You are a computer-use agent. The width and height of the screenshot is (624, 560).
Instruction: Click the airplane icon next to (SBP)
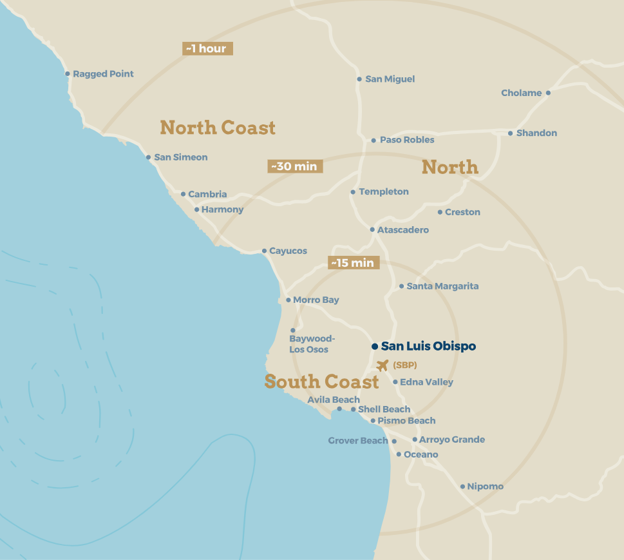[x=383, y=365]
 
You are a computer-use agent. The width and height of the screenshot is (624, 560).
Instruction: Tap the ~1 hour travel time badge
[x=207, y=48]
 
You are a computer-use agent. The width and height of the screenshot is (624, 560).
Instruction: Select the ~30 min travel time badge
[x=295, y=166]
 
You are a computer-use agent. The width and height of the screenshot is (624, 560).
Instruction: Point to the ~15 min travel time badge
[x=354, y=263]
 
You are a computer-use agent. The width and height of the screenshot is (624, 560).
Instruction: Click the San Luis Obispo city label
[x=428, y=346]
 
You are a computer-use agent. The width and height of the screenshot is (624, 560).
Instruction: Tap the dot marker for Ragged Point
[x=68, y=73]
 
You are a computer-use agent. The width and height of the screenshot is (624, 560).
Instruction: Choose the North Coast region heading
[x=218, y=128]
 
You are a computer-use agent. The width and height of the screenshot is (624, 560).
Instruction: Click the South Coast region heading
[x=321, y=381]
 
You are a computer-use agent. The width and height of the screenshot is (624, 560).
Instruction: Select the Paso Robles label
[x=407, y=140]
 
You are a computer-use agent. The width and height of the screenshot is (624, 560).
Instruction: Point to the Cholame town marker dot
[x=548, y=93]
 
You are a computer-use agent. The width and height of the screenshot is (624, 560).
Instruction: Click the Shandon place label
[x=536, y=133]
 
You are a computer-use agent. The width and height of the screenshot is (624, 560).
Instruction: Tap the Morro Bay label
[x=316, y=300]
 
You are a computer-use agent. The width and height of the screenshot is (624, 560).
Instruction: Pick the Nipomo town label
[x=485, y=487]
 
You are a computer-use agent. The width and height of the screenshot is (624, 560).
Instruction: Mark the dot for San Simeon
[x=148, y=157]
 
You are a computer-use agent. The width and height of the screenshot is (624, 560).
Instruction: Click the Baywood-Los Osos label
[x=310, y=344]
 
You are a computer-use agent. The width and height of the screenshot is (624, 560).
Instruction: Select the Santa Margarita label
[x=442, y=286]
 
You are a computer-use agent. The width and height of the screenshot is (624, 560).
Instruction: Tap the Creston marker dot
[x=440, y=212]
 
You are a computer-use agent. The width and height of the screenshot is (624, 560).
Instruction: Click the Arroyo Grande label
[x=452, y=439]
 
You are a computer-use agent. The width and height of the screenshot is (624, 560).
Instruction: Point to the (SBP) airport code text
[x=405, y=365]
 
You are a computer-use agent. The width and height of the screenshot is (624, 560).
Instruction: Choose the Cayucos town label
[x=288, y=251]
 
